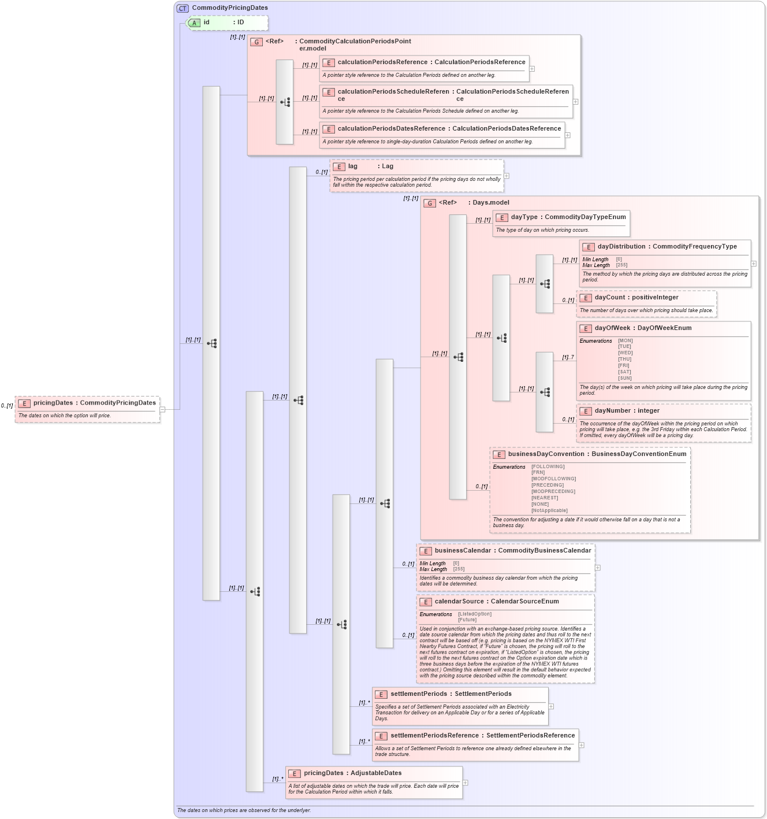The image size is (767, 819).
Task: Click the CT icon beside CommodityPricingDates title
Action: click(x=183, y=8)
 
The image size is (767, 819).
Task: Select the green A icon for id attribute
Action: click(x=194, y=23)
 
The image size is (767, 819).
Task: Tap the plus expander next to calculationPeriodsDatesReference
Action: click(x=568, y=135)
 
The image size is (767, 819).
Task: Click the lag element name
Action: click(x=353, y=166)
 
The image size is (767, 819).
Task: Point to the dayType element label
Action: click(x=524, y=217)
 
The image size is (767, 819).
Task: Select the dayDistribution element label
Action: click(x=621, y=247)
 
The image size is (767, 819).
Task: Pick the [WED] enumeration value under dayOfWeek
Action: click(x=625, y=353)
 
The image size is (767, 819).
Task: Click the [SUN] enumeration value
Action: click(x=625, y=379)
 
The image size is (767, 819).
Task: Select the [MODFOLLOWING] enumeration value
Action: click(x=553, y=479)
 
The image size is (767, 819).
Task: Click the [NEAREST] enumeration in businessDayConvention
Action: click(x=545, y=498)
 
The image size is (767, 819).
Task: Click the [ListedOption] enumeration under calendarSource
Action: click(x=475, y=614)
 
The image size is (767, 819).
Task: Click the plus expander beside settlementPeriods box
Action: click(x=551, y=706)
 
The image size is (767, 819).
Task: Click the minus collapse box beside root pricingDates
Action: click(x=162, y=409)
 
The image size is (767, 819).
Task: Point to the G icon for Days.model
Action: click(x=430, y=203)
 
